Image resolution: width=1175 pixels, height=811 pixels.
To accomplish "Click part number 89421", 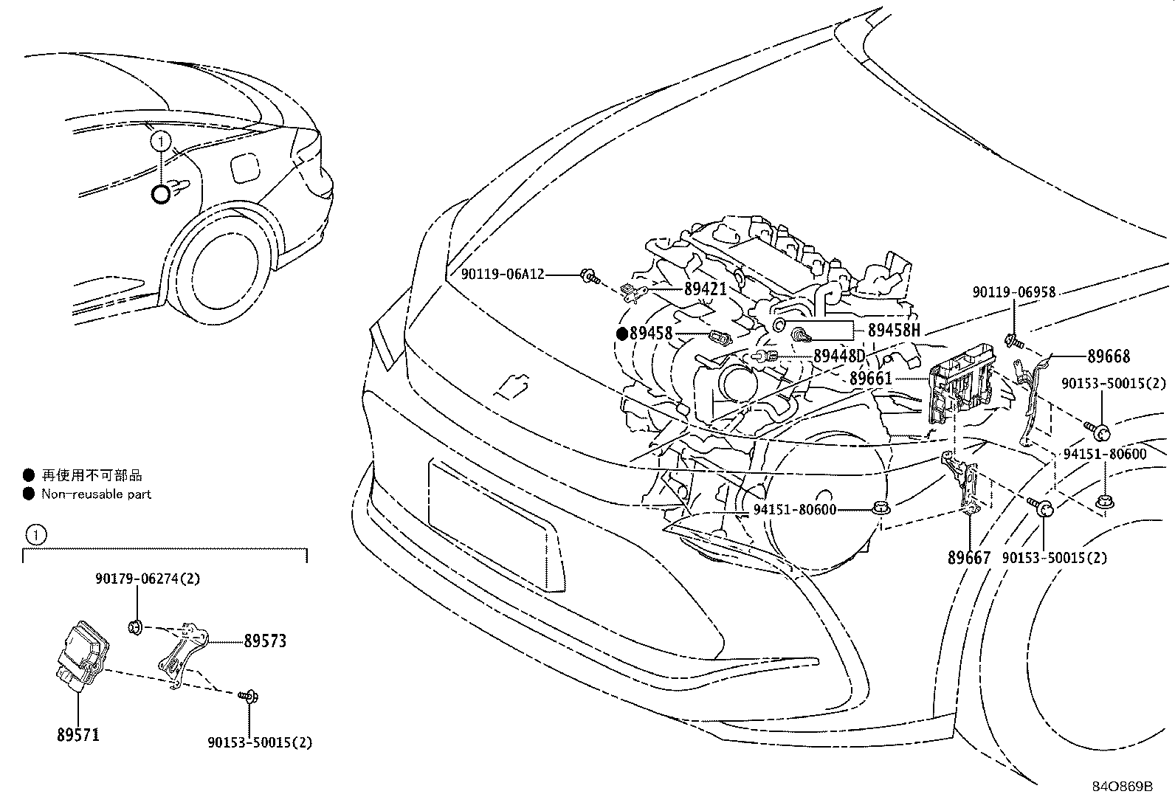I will coord(705,289).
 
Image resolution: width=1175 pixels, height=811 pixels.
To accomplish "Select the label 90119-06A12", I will coord(502,275).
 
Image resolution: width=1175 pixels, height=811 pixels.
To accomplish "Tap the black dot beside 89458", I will coord(621,334).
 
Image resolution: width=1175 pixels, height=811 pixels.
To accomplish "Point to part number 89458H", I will coord(894,330).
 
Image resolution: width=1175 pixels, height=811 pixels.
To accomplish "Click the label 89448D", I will coord(839,356).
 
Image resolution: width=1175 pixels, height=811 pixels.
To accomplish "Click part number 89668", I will coord(1108,356).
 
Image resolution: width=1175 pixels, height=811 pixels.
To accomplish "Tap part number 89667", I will coord(968,558).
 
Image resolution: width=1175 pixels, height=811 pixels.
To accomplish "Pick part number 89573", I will coord(265,641).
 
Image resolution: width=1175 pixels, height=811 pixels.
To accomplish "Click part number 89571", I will coord(77,735).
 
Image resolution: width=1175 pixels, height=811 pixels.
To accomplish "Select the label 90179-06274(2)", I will coord(148,579).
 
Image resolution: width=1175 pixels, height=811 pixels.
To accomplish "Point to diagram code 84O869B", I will coord(1122,786).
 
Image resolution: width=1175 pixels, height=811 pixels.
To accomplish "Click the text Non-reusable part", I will coord(96,494).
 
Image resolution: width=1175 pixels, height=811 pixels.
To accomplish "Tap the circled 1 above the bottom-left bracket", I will coord(35,534).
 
